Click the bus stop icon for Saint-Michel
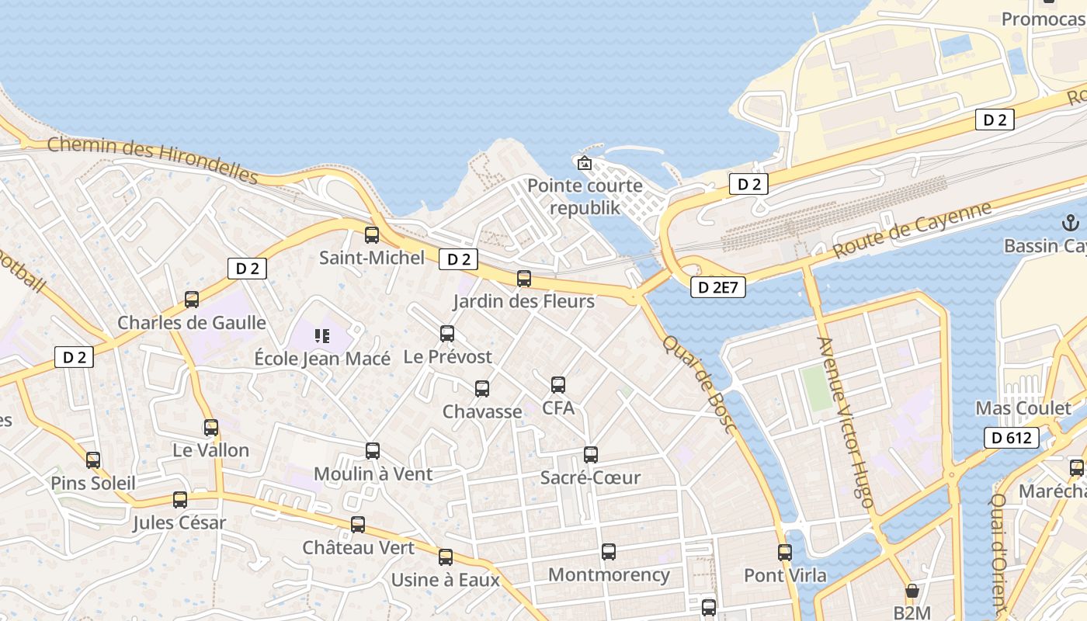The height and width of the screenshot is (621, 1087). [372, 234]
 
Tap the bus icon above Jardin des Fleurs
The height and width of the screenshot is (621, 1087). [524, 278]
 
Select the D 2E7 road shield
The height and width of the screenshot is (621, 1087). [718, 287]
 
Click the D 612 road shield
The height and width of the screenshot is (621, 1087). [1012, 438]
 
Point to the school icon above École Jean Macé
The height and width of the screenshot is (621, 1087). [322, 336]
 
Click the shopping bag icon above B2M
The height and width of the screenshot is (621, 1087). [912, 591]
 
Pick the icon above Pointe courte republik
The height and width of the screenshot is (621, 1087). [584, 163]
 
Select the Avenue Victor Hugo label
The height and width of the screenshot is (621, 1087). [846, 422]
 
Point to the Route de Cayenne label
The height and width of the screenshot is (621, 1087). [912, 231]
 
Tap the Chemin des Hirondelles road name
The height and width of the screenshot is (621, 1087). [152, 160]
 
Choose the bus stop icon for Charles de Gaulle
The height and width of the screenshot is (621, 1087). [192, 299]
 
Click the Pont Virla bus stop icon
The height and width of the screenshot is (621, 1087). [785, 553]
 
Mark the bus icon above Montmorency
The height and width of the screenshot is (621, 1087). [609, 552]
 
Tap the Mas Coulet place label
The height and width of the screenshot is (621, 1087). [1023, 408]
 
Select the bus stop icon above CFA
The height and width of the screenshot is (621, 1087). [558, 384]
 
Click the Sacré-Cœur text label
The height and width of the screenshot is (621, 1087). [591, 477]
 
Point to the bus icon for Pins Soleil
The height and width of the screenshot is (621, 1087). [93, 460]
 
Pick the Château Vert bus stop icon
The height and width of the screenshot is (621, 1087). [358, 524]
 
